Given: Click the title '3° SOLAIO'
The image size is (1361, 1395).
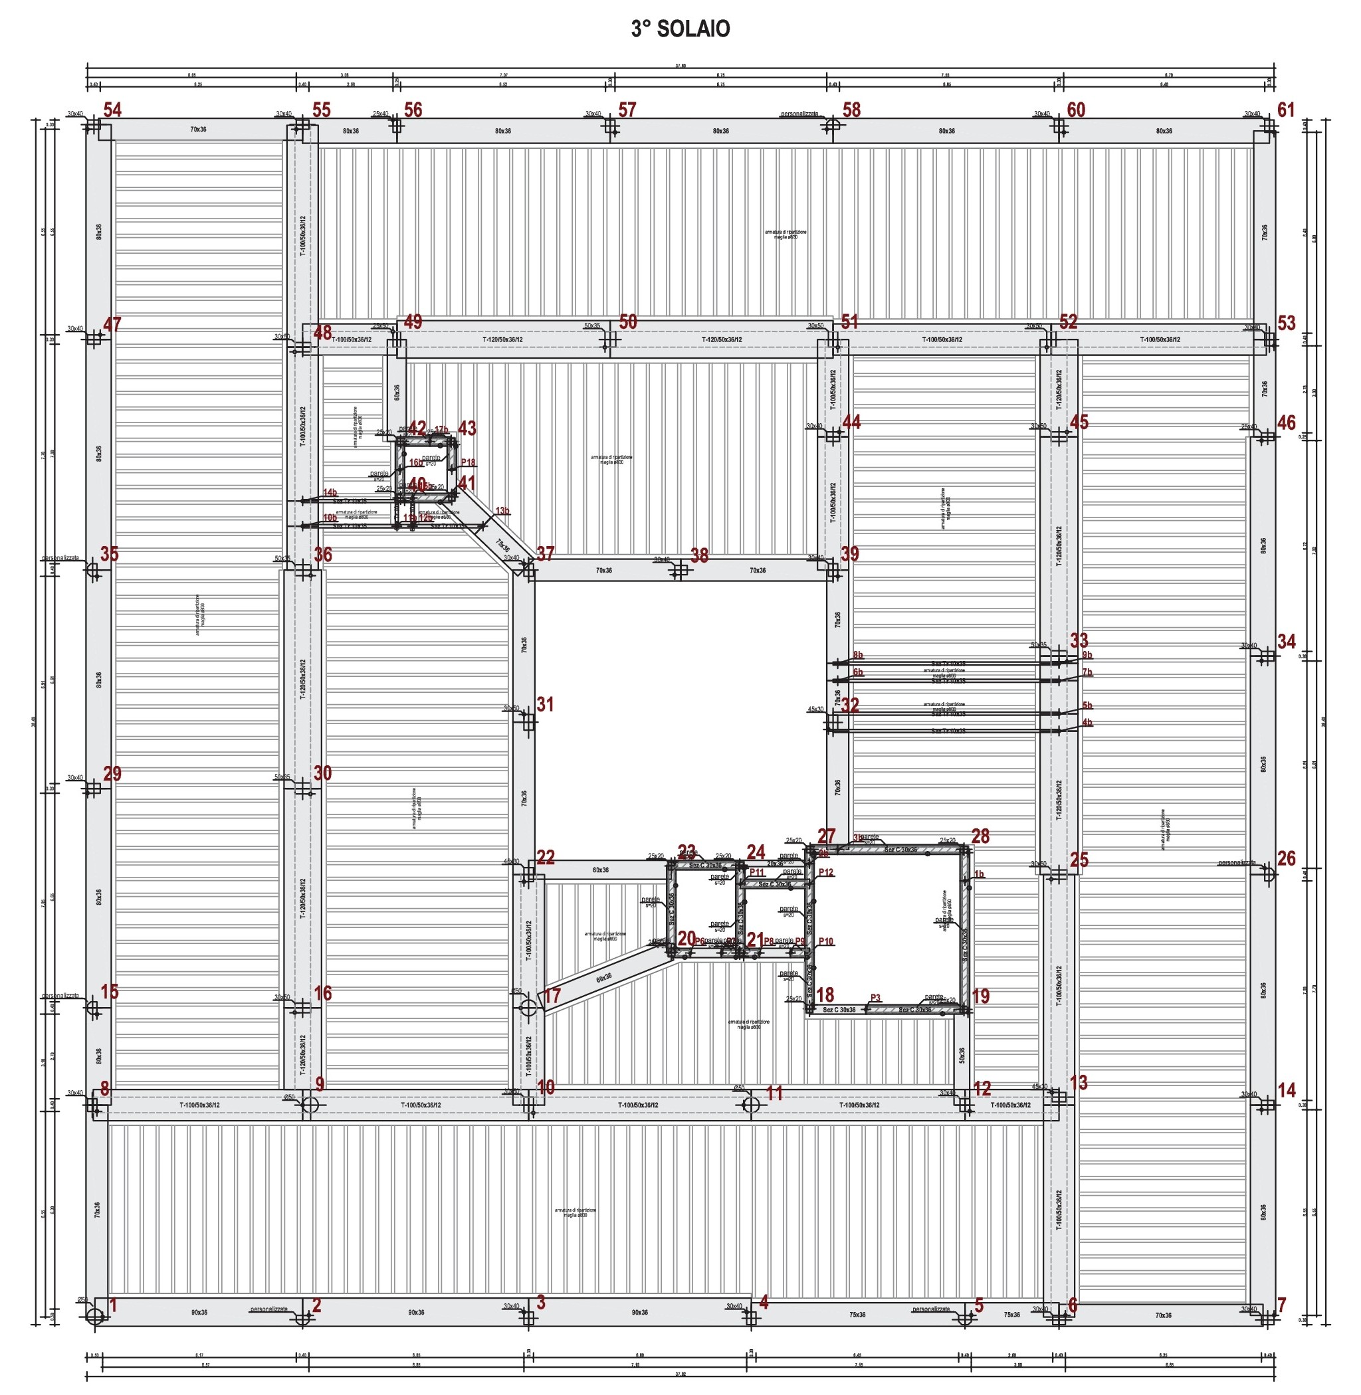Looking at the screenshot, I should [x=680, y=29].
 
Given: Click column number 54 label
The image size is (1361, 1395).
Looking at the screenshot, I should [x=113, y=110].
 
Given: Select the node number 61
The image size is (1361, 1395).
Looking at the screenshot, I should [x=1286, y=110].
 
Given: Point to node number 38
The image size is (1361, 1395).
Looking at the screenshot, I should [x=699, y=555].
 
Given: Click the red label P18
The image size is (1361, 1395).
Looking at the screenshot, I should [x=469, y=462].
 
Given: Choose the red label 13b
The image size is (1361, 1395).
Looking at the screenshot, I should [x=502, y=511].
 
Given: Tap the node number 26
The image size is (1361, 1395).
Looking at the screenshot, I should [x=1286, y=858].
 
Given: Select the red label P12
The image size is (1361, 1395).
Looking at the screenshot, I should [x=825, y=873].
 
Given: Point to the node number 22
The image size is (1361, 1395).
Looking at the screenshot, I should [x=546, y=858].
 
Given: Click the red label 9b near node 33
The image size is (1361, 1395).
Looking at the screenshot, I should [x=1087, y=654].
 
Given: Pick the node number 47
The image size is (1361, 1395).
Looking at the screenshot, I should [x=112, y=324].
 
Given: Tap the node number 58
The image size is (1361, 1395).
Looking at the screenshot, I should [x=851, y=110].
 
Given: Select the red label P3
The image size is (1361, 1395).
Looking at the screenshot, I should [x=876, y=998].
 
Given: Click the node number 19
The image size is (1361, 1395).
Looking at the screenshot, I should [x=981, y=996].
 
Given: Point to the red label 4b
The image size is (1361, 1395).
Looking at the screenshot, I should [x=1087, y=723].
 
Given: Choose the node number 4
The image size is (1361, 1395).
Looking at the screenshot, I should [x=764, y=1302].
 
